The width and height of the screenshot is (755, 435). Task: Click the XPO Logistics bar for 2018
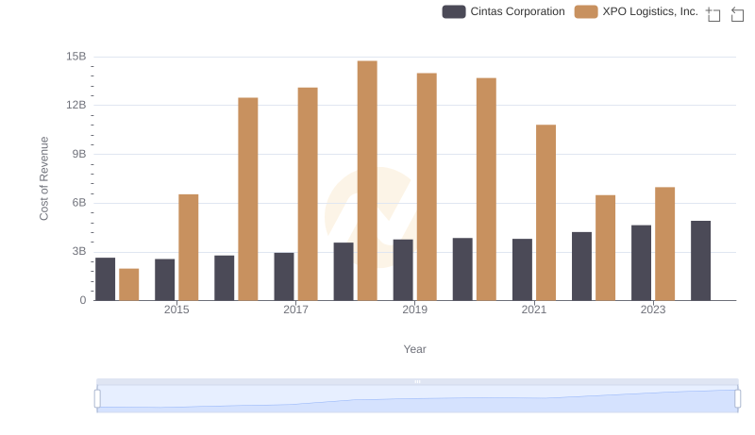click(367, 180)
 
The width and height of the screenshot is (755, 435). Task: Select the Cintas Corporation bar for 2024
click(700, 260)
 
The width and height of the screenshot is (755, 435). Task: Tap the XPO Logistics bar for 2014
click(129, 284)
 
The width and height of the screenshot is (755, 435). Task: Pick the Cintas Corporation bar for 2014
click(106, 278)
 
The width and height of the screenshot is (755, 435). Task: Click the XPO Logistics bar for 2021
click(545, 212)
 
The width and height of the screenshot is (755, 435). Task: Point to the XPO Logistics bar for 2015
click(189, 247)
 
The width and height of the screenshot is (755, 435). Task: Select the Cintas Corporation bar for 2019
click(403, 270)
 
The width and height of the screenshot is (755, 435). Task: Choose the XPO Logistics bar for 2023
click(664, 243)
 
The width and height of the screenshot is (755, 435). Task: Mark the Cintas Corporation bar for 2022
click(581, 266)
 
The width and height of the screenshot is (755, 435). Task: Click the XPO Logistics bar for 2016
click(248, 199)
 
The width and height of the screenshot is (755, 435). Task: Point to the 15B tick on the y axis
click(76, 57)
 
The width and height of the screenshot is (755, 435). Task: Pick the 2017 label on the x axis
click(295, 310)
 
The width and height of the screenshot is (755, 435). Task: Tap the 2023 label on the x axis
click(653, 310)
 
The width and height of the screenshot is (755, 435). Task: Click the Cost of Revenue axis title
click(43, 178)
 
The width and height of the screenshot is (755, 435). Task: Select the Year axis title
click(415, 349)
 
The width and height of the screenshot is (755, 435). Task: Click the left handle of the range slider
click(97, 398)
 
